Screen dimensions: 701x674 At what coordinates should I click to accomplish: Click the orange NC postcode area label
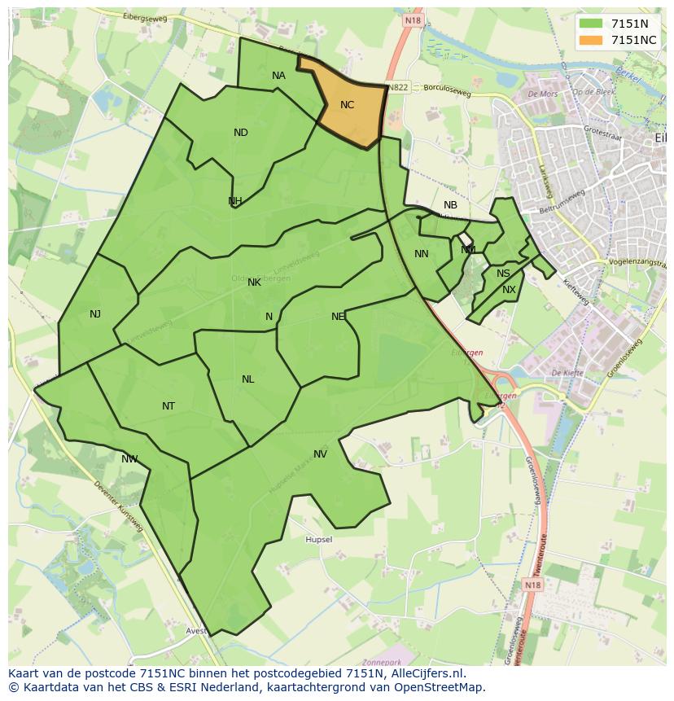348,105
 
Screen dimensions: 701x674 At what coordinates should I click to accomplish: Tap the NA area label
278,76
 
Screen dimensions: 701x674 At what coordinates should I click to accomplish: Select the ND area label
241,133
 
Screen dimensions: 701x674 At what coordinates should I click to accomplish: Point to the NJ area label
95,314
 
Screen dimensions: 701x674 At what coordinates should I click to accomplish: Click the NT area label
168,406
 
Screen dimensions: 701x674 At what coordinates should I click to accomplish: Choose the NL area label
248,379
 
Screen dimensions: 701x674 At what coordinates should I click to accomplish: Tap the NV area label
320,454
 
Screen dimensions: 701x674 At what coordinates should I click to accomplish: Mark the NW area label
129,459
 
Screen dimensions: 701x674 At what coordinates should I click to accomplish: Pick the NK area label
254,283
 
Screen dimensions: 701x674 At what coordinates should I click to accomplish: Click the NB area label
450,205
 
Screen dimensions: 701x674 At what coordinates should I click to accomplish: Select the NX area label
509,290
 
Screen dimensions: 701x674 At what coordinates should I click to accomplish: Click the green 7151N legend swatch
591,24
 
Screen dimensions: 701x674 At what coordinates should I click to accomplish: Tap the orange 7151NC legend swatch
591,40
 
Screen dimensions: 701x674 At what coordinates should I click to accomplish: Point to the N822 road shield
398,87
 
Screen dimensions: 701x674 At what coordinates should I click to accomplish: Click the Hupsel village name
318,540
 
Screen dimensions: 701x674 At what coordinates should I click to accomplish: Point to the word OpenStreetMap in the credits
440,687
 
